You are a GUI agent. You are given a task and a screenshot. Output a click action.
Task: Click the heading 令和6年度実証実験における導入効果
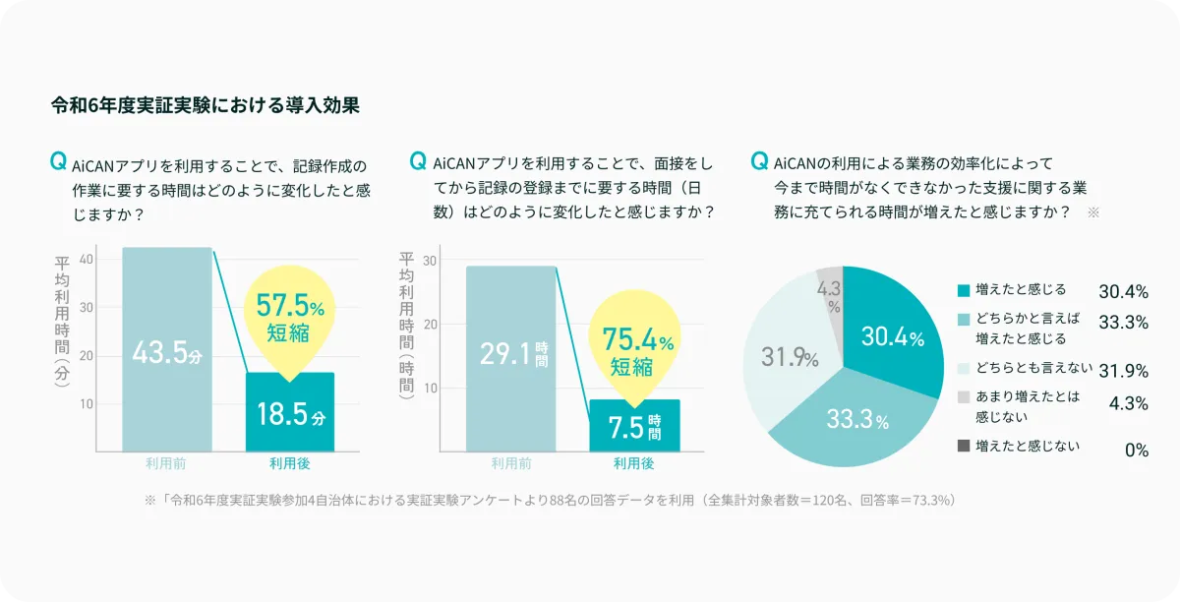coord(205,104)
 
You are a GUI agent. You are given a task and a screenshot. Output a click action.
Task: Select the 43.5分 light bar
coord(167,349)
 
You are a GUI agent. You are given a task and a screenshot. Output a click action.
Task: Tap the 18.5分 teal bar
coord(290,413)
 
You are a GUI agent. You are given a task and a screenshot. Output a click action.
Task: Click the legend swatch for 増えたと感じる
coord(963,290)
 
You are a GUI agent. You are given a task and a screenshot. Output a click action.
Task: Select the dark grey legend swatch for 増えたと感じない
coord(963,448)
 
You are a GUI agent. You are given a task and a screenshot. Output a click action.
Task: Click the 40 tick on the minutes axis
coord(86,259)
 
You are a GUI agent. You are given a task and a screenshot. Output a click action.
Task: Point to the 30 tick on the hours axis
coord(431,261)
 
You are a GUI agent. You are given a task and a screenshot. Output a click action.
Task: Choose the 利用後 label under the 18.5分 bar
coord(289,463)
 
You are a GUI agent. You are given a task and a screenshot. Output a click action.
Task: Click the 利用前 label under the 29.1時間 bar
coord(511,463)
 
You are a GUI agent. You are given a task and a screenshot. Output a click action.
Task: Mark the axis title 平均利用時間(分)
coord(61,320)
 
